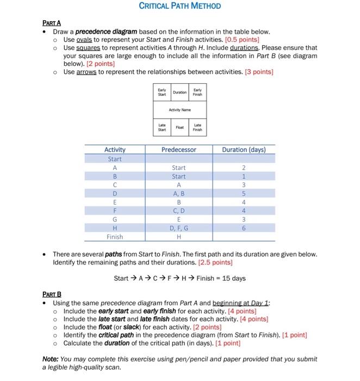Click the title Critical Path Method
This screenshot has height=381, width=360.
180,6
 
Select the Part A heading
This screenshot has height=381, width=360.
52,23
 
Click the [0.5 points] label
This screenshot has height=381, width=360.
242,40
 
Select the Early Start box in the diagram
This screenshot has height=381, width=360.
162,93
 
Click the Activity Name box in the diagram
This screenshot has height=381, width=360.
179,109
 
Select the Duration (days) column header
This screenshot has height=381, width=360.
244,150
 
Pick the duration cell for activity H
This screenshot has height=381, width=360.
244,229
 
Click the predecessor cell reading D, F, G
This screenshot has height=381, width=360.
178,229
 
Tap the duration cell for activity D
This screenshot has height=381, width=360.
244,194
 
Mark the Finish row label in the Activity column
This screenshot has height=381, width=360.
115,237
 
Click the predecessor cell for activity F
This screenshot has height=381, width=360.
178,211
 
